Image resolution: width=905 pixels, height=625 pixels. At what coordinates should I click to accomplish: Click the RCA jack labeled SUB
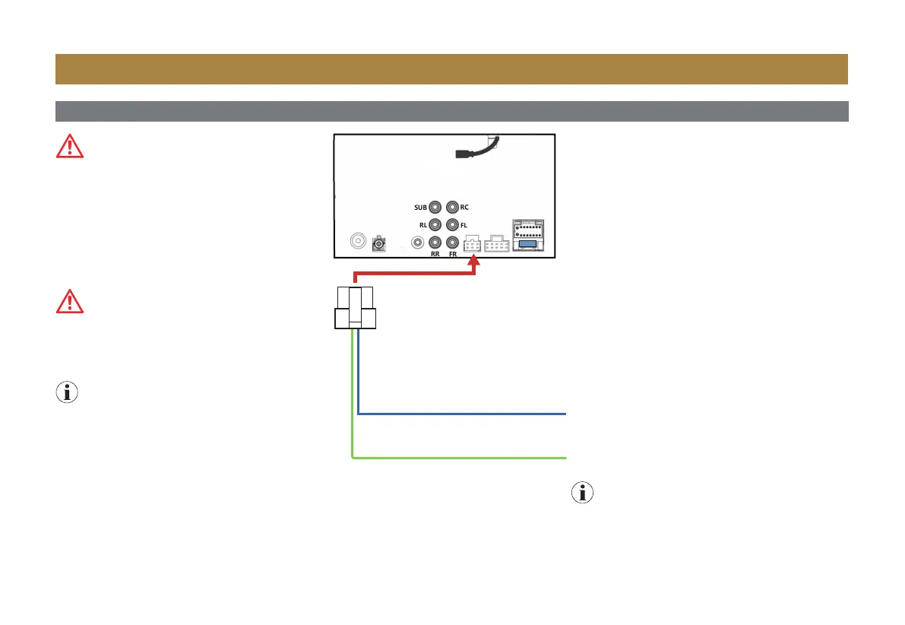tap(435, 206)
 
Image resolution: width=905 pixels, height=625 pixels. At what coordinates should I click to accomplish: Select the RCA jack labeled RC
tap(453, 206)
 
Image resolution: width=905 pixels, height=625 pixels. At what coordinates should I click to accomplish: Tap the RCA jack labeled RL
tap(435, 224)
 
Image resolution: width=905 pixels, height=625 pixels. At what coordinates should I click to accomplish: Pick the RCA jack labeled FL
tap(453, 224)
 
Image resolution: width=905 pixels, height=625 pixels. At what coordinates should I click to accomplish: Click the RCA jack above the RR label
tap(435, 243)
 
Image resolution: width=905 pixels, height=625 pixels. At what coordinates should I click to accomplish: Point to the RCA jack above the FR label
tap(453, 243)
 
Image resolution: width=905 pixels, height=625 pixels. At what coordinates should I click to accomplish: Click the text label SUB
tap(419, 206)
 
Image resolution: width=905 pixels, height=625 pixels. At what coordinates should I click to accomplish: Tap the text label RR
tap(435, 255)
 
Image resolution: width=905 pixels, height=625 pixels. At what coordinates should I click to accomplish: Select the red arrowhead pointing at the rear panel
tap(475, 263)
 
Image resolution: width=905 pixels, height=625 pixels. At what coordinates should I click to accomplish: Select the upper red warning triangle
tap(70, 145)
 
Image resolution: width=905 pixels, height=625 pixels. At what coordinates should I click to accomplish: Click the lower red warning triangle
tap(70, 302)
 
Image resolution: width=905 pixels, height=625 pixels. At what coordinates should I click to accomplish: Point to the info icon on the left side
tap(68, 392)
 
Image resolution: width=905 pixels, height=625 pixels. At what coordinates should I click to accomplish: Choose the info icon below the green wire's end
tap(583, 493)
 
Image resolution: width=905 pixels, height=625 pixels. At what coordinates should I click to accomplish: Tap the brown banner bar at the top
tap(451, 68)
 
